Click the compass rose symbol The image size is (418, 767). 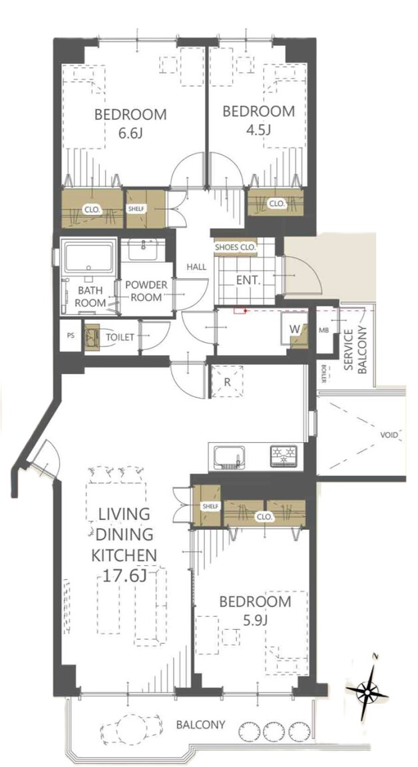[367, 690]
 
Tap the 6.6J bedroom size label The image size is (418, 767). [130, 133]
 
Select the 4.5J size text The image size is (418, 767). [259, 130]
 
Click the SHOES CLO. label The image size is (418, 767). [236, 248]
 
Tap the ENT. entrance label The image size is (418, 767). [248, 281]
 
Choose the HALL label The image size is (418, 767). [197, 267]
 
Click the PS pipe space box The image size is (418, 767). [71, 336]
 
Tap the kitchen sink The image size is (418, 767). [229, 457]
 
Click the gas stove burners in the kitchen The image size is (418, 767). [284, 455]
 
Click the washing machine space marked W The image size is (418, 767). [294, 330]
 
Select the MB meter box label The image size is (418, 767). [324, 329]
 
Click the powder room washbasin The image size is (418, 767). [143, 250]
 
